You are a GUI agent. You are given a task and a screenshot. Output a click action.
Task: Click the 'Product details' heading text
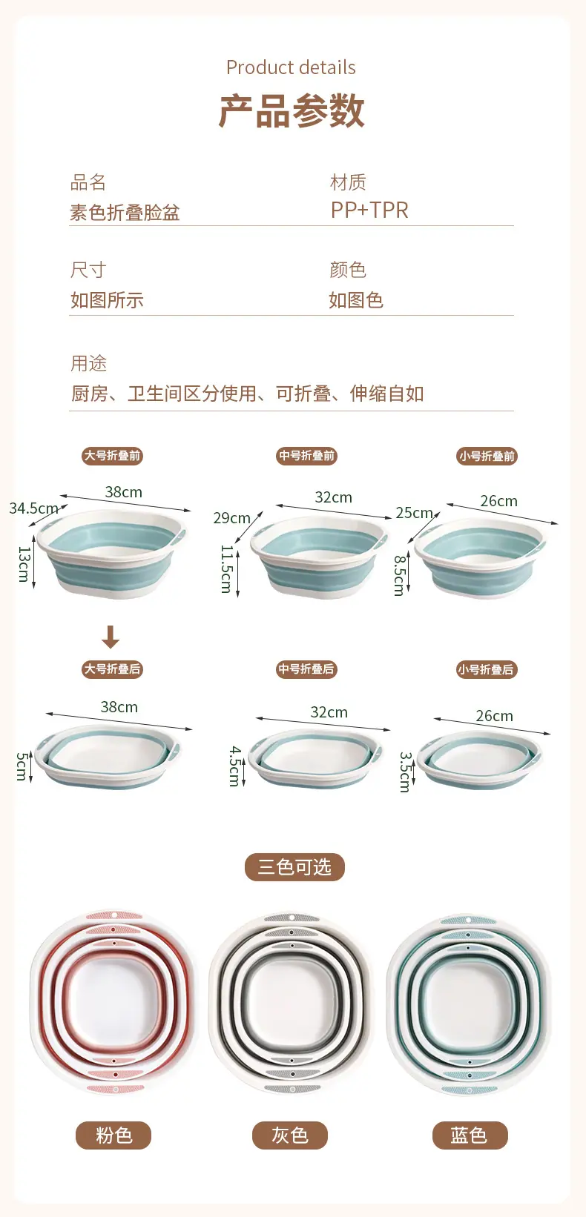point(291,67)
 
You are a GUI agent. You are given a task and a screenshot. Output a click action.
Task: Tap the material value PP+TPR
point(369,210)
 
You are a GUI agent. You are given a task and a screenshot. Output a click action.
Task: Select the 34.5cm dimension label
point(33,508)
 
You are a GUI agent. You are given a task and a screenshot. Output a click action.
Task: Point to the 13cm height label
point(24,564)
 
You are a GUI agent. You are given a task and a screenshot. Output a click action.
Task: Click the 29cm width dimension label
point(231,518)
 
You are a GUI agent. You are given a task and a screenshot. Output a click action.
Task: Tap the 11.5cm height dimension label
point(226,568)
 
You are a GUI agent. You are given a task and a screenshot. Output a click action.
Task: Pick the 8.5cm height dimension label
point(400,575)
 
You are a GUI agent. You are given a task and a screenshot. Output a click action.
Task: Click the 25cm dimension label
point(414,513)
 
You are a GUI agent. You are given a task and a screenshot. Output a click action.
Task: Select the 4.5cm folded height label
point(235,766)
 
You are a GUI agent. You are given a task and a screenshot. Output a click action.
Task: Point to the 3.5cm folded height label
point(404,772)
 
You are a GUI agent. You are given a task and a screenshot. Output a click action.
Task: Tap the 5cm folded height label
point(22,766)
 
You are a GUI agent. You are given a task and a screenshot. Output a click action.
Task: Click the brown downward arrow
point(111,637)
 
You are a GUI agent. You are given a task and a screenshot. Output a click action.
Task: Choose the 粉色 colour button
point(113,1135)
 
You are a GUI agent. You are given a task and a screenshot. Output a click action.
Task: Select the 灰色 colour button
point(290,1135)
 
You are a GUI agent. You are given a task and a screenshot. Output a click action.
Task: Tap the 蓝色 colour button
point(470,1135)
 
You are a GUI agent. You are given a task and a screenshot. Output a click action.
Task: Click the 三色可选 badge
point(294,866)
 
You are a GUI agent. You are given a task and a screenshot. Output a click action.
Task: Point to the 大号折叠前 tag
point(113,456)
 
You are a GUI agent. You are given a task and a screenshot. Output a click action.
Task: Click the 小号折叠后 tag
point(487,669)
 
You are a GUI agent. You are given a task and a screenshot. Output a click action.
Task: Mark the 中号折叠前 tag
point(306,456)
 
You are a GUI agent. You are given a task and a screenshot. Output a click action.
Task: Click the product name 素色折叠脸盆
point(125,212)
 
